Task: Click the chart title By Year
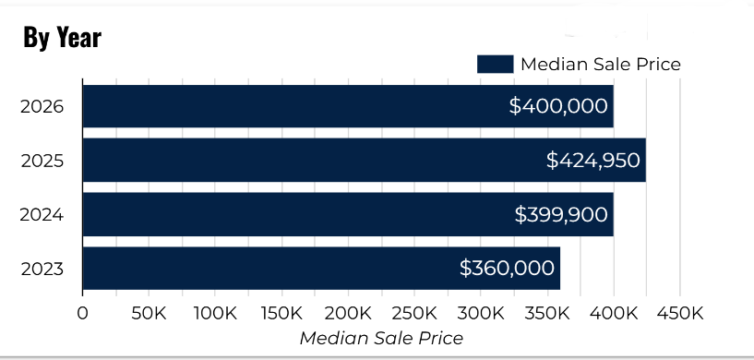point(62,38)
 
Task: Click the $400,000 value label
point(558,106)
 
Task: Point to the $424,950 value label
point(592,161)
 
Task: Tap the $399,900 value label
point(561,215)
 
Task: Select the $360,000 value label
point(508,269)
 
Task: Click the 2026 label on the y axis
point(42,106)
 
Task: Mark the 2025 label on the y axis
point(42,161)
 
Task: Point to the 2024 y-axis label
point(42,215)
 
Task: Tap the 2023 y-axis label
point(42,269)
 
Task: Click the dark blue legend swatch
point(494,64)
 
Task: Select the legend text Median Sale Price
point(601,64)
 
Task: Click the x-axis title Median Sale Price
point(381,338)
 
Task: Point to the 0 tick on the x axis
point(83,314)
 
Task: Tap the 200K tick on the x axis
point(348,314)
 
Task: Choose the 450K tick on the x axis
point(680,314)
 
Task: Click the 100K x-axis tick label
point(215,314)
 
